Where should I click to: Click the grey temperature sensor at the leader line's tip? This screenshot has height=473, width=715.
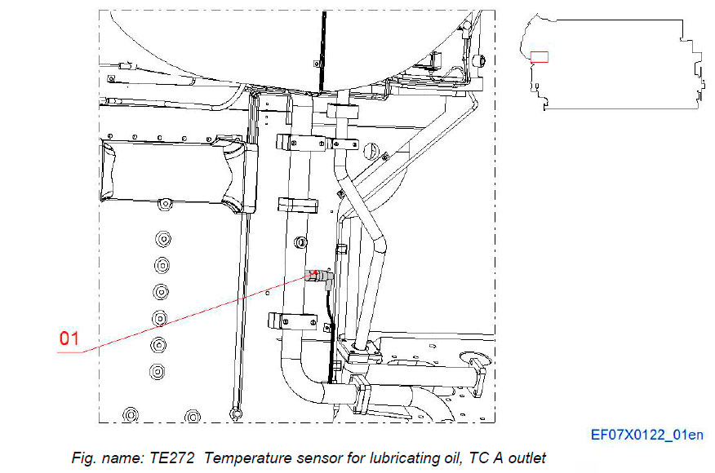coord(319,277)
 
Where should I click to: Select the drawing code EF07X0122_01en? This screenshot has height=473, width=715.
coord(647,435)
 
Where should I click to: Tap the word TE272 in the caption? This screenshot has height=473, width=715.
coord(173,458)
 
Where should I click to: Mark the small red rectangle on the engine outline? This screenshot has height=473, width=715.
coord(540,57)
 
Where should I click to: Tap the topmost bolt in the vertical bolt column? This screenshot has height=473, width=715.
coord(161,238)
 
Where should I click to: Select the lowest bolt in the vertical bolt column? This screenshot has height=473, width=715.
coord(158,371)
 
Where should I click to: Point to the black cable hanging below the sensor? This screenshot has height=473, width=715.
coord(327,310)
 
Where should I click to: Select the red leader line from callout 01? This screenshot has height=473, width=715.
coord(196,314)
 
